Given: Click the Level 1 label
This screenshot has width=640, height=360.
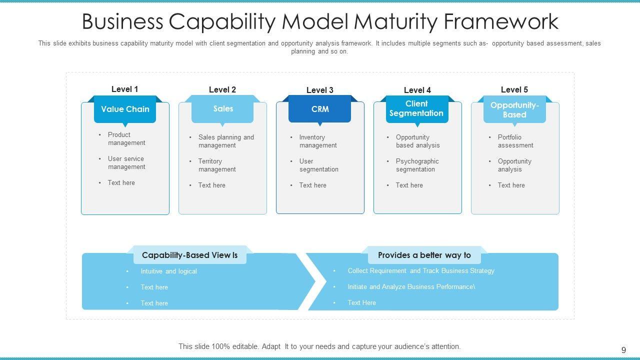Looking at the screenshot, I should click(x=124, y=89).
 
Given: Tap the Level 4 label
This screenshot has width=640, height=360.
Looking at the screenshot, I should click(x=417, y=90).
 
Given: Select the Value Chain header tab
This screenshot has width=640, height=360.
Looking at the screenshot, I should click(x=125, y=109).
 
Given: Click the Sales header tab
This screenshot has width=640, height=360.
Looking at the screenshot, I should click(x=223, y=108).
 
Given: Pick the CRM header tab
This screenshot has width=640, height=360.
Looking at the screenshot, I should click(x=320, y=109).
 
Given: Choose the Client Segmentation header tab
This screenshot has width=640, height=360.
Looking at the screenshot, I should click(x=416, y=108).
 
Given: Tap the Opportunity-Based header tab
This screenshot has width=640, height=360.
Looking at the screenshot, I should click(x=514, y=109).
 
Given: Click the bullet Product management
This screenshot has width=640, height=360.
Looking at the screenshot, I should click(x=126, y=138).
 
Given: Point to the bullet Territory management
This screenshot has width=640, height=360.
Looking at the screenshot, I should click(x=217, y=165).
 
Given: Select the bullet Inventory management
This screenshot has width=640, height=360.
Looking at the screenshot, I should click(x=318, y=141).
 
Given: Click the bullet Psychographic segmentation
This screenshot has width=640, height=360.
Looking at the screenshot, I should click(x=417, y=165).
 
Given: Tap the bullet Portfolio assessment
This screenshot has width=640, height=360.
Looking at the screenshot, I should click(x=515, y=141).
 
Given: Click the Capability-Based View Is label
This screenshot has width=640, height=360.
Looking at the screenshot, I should click(x=189, y=255).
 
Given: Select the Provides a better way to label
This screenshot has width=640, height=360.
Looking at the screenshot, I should click(x=424, y=255).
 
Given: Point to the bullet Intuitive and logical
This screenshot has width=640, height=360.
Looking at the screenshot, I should click(x=168, y=271).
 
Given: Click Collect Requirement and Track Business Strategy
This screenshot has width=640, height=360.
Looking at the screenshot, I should click(x=421, y=270).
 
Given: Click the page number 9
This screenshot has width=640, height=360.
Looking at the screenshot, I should click(x=623, y=350).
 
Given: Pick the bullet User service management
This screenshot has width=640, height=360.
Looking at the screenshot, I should click(x=126, y=162).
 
